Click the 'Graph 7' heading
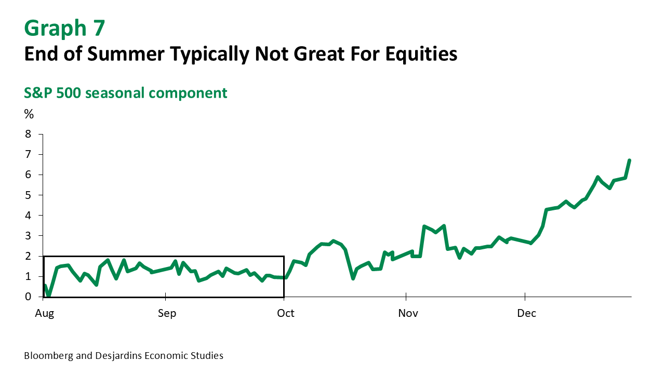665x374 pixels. click(x=64, y=28)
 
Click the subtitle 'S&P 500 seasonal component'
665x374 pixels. click(x=126, y=93)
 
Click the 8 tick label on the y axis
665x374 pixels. click(x=28, y=134)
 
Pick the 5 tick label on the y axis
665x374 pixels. click(x=28, y=195)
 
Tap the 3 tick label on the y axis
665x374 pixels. click(x=28, y=236)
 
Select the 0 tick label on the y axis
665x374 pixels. click(x=28, y=297)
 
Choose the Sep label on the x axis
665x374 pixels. click(x=167, y=313)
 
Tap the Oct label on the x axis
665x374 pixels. click(x=285, y=313)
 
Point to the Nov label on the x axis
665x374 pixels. click(x=408, y=313)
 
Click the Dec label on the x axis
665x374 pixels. click(x=527, y=313)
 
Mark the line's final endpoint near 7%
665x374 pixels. click(x=629, y=161)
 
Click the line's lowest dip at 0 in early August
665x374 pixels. click(x=49, y=296)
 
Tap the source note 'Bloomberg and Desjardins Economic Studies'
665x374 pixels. click(x=124, y=356)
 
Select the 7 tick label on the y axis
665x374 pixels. click(x=28, y=154)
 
